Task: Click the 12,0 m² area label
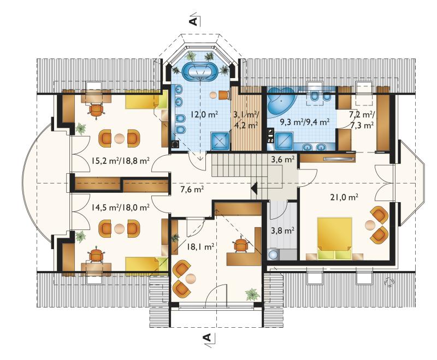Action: pyautogui.click(x=204, y=114)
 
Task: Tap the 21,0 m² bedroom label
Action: pyautogui.click(x=344, y=197)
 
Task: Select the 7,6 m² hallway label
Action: pyautogui.click(x=192, y=190)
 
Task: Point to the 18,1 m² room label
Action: pyautogui.click(x=200, y=246)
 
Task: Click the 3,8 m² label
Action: pyautogui.click(x=282, y=231)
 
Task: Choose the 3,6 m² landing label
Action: pyautogui.click(x=283, y=160)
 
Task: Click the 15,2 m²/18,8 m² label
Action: pyautogui.click(x=121, y=161)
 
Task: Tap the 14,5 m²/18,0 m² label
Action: pyautogui.click(x=120, y=207)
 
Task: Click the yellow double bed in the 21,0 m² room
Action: pyautogui.click(x=335, y=238)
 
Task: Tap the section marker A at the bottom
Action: pyautogui.click(x=207, y=338)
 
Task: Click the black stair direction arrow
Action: pyautogui.click(x=254, y=188)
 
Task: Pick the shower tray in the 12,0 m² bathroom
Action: pyautogui.click(x=220, y=141)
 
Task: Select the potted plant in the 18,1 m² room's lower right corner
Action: pyautogui.click(x=253, y=294)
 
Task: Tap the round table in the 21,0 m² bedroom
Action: pyautogui.click(x=370, y=225)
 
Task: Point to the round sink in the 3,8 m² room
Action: pyautogui.click(x=273, y=254)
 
